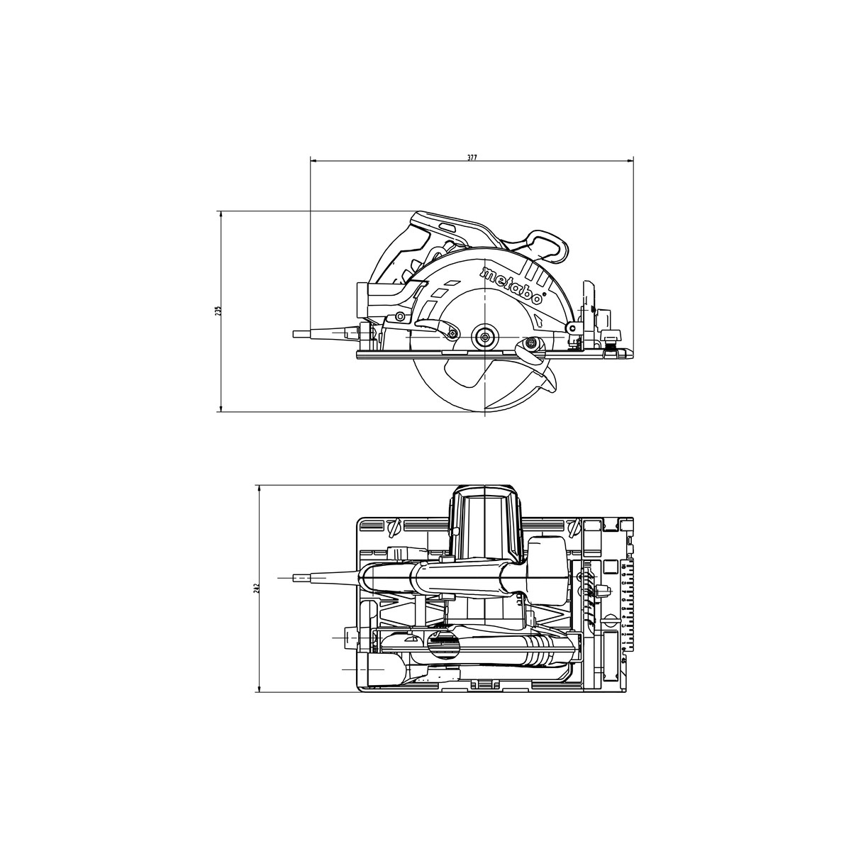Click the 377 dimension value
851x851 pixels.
click(472, 157)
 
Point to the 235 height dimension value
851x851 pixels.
click(218, 311)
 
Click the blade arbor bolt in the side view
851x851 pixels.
click(485, 337)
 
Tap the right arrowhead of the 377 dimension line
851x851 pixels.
click(630, 162)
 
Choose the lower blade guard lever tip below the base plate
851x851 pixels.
click(550, 384)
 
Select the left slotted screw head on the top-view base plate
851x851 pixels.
click(394, 527)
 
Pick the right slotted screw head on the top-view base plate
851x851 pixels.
click(574, 527)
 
